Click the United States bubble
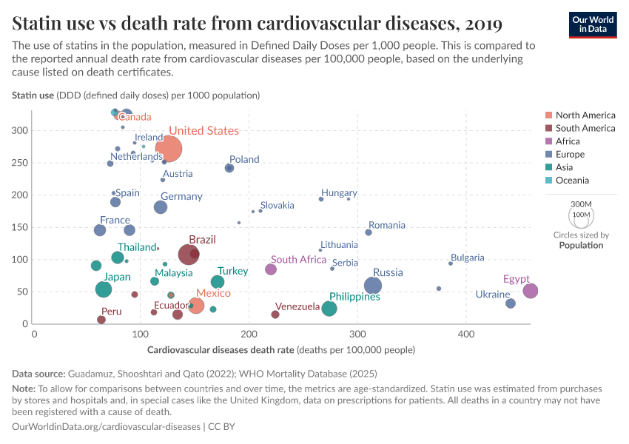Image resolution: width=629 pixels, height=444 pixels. tap(169, 149)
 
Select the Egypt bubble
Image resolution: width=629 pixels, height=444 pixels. tap(531, 291)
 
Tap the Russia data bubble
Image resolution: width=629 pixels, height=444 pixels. tap(373, 286)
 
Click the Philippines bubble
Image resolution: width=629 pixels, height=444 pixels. tap(329, 309)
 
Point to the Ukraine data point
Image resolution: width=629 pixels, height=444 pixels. tap(511, 303)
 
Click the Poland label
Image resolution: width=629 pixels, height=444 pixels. tap(244, 159)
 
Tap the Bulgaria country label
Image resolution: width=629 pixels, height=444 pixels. tap(468, 258)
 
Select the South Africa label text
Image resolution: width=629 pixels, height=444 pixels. tap(298, 260)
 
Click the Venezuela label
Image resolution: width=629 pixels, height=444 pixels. tap(297, 306)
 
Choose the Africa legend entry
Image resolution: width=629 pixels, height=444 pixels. tap(567, 141)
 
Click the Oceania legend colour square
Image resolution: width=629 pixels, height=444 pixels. tap(548, 181)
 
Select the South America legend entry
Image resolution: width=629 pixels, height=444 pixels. tap(585, 128)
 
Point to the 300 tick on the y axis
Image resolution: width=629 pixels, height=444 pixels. tap(19, 130)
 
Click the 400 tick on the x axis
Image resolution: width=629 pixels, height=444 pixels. tap(465, 334)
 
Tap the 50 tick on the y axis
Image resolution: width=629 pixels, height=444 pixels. tap(22, 292)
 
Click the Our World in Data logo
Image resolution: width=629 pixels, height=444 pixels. tap(592, 24)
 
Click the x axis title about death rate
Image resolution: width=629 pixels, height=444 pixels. tap(281, 350)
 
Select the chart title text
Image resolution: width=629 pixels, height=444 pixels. tap(258, 24)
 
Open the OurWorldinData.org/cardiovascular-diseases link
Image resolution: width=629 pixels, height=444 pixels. tap(107, 427)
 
